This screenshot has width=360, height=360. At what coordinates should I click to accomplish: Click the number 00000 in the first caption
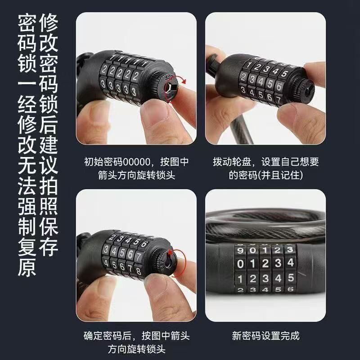136,162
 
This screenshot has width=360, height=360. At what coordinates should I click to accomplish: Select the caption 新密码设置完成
265,336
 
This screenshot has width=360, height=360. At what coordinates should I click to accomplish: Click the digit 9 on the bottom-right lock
240,250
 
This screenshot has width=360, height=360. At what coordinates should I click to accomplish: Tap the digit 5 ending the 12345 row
291,278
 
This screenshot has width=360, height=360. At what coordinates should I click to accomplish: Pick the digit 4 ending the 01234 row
290,263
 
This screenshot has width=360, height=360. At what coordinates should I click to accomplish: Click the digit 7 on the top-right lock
278,99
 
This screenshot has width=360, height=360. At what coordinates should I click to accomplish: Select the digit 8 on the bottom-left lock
138,271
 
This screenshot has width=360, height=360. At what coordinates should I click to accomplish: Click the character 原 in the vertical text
27,267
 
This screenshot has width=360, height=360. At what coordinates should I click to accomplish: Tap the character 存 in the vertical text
49,247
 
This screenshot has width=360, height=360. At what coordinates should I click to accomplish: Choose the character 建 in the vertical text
49,145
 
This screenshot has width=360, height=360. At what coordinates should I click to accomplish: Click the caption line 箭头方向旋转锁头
136,175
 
